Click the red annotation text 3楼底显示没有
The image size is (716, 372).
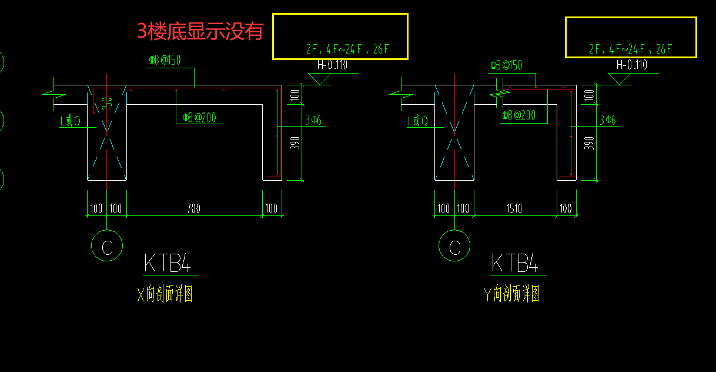(x=200, y=31)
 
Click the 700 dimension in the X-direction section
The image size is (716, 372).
(x=193, y=208)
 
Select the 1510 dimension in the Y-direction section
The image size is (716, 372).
(x=514, y=208)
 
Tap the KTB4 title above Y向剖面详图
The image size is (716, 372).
(x=515, y=263)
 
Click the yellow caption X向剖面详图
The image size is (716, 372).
(x=165, y=294)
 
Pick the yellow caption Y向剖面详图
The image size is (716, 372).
(x=512, y=294)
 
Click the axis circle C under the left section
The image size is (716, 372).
(x=107, y=246)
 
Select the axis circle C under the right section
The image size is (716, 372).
(x=454, y=246)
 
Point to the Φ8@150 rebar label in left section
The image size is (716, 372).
(x=164, y=61)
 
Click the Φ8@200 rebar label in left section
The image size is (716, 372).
(x=199, y=118)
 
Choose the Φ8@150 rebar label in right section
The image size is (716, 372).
(x=506, y=65)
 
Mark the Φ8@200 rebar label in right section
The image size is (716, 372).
(x=518, y=116)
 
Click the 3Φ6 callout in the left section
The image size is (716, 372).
(x=313, y=121)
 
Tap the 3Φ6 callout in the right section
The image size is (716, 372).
(x=608, y=121)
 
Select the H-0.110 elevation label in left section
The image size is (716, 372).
(x=332, y=65)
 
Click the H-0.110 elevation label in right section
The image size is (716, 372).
(x=632, y=65)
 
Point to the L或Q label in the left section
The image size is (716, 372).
(x=71, y=121)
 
